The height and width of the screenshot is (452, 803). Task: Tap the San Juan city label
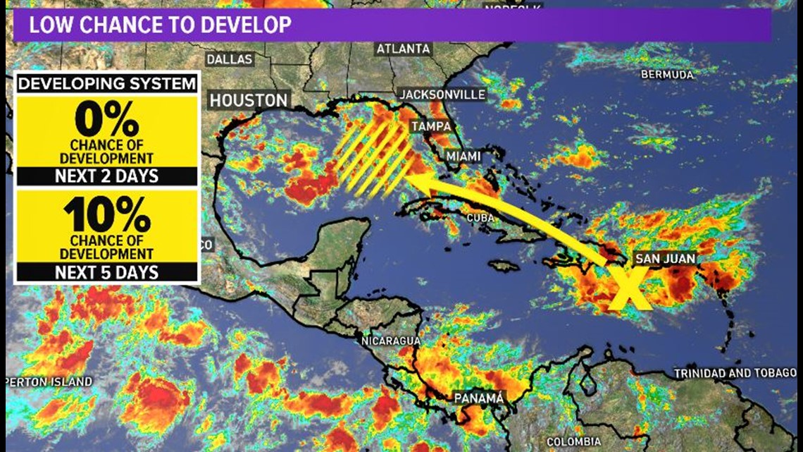tap(665, 259)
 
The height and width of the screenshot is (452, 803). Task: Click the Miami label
tap(463, 156)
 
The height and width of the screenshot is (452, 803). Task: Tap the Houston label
tap(249, 101)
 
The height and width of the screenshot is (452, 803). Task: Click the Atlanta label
tap(403, 49)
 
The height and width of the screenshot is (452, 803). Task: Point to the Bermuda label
tap(668, 74)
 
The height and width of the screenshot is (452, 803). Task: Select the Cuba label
tap(480, 218)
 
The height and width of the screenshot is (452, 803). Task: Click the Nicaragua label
tap(390, 341)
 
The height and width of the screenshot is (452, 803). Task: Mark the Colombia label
tap(575, 442)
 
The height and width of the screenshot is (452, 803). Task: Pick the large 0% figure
tap(106, 121)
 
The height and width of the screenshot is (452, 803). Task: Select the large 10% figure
tap(106, 215)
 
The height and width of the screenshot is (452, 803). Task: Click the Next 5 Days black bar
tap(106, 272)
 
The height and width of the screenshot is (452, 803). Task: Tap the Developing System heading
tap(106, 84)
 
